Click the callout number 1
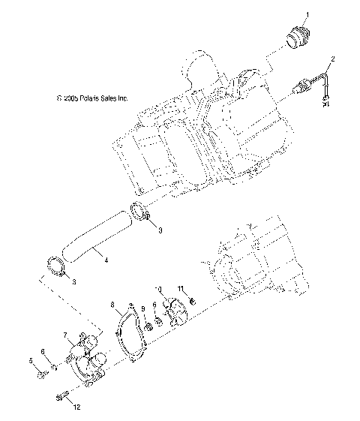[x=305, y=14]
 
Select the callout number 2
[x=334, y=59]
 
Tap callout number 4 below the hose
[x=106, y=260]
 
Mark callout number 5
[x=31, y=361]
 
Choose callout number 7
[x=66, y=335]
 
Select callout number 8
[x=112, y=305]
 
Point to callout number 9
[x=142, y=309]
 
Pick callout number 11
[x=180, y=289]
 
